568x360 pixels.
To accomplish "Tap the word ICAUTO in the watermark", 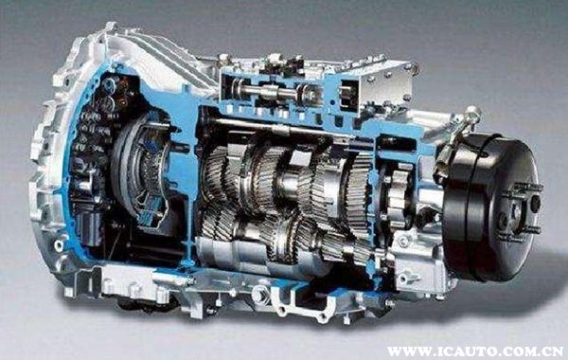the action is tap(460, 351).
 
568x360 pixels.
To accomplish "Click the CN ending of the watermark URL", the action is tap(553, 351).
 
